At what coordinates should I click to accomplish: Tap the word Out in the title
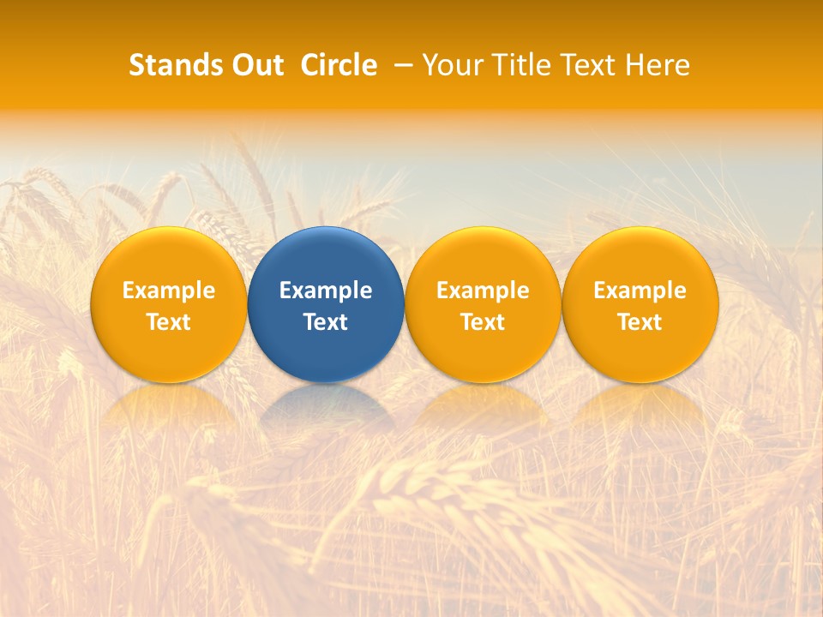coord(255,65)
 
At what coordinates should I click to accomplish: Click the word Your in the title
coord(450,65)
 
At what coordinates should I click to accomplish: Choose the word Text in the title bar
coord(589,65)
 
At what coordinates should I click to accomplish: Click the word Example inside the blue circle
coord(326,291)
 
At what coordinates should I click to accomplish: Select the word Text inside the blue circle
coord(326,322)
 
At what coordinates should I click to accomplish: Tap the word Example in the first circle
coord(169,291)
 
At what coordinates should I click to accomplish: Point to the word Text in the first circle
coord(169,322)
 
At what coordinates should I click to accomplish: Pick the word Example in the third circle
coord(483,291)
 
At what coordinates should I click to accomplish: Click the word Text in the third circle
coord(483,322)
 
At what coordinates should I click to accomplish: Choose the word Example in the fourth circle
coord(640,291)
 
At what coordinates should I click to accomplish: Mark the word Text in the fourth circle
coord(640,322)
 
